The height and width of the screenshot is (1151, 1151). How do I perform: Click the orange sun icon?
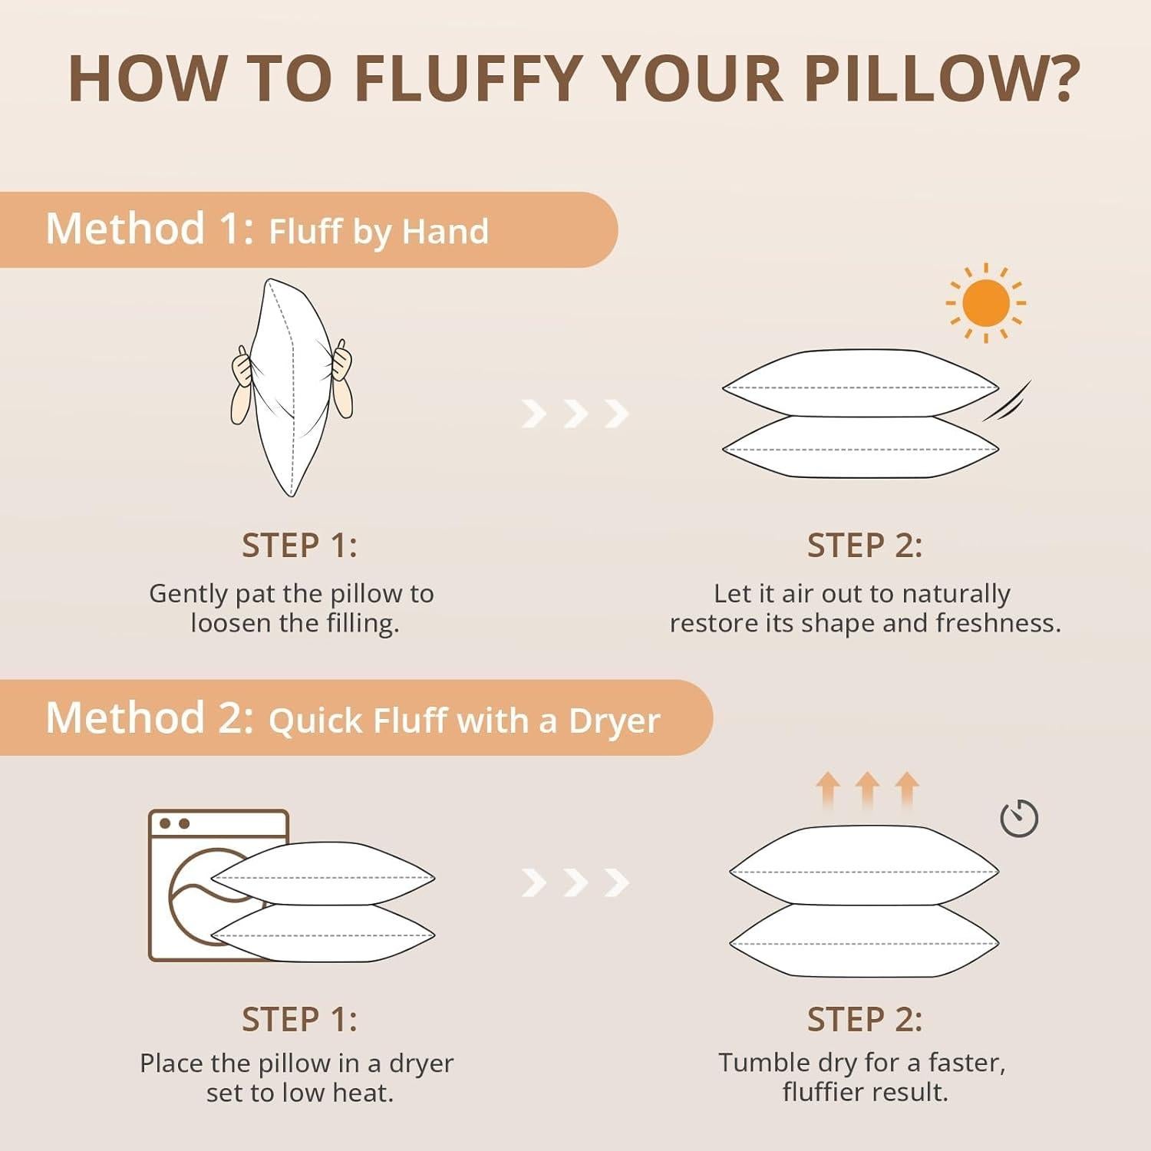[x=985, y=303]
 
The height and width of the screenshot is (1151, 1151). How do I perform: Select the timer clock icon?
[x=1019, y=818]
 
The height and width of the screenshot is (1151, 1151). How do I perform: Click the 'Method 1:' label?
[x=150, y=229]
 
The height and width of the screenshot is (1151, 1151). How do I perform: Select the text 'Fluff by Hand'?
[x=378, y=231]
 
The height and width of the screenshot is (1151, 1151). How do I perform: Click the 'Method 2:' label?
[x=150, y=718]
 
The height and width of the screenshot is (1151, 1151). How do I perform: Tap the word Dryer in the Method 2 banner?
[x=614, y=721]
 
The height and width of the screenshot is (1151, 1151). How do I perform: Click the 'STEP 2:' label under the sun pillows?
[x=864, y=546]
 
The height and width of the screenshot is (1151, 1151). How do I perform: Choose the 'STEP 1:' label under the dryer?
[x=299, y=1020]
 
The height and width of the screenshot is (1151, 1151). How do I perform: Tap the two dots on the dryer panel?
[x=173, y=823]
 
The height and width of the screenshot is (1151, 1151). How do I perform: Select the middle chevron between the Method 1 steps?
[x=575, y=414]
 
